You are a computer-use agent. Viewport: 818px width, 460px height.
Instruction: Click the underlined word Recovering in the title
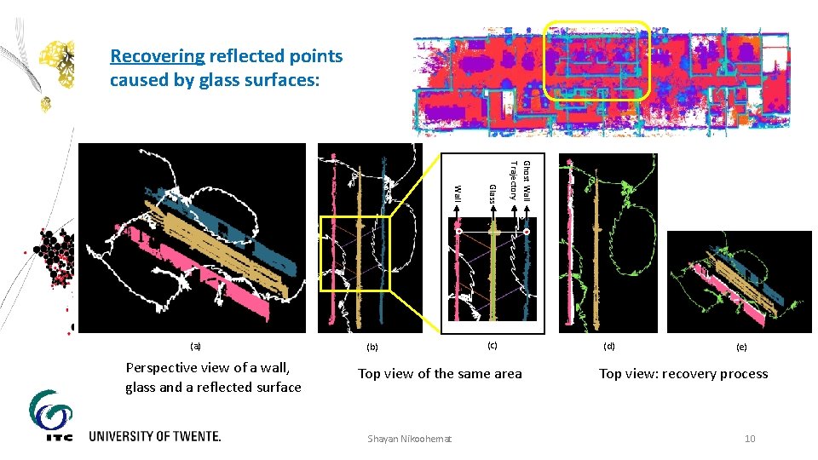tap(157, 56)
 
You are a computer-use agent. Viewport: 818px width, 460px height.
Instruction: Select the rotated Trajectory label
tap(514, 180)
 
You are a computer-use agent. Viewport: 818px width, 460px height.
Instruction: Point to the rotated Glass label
tap(492, 193)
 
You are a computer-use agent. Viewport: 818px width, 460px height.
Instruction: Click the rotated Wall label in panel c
tap(458, 193)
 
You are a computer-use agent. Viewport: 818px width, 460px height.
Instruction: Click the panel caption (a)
tap(195, 346)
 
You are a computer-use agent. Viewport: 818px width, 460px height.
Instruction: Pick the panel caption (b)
tap(372, 347)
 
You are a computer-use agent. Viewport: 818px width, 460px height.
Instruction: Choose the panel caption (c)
tap(491, 345)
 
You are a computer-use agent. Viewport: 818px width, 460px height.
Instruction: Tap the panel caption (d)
tap(608, 346)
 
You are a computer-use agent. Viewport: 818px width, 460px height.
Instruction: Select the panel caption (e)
tap(741, 347)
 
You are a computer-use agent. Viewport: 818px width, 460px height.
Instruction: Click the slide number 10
tap(750, 439)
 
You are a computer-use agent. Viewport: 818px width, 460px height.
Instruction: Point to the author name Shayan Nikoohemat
tap(410, 439)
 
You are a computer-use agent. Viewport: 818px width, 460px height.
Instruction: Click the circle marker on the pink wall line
tap(458, 231)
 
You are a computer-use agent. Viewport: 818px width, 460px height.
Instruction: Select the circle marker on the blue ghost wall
tap(527, 232)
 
